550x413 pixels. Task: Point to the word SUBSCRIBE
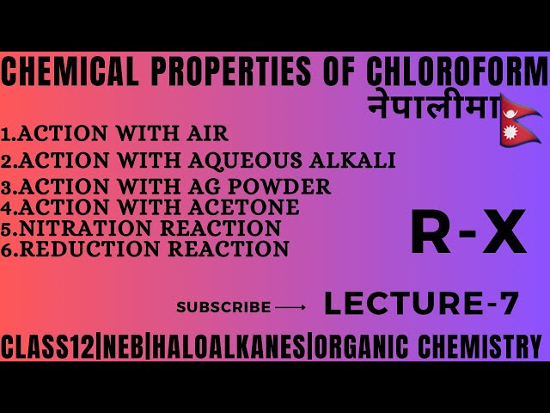pos(223,306)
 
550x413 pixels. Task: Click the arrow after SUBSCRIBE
pos(290,306)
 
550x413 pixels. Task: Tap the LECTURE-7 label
pos(421,304)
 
